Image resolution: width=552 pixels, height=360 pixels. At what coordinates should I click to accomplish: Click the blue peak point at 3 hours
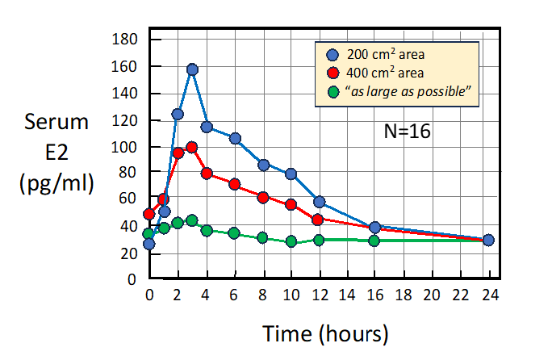tap(192, 69)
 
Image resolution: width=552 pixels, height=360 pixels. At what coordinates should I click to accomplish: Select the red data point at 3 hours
tap(192, 147)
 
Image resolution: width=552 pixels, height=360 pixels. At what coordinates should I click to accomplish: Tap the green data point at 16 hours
tap(374, 241)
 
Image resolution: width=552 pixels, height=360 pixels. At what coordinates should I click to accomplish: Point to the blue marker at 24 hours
tap(488, 240)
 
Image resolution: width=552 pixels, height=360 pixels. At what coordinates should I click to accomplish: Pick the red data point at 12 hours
tap(318, 220)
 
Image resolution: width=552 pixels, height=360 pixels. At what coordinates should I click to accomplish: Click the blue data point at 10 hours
tap(291, 174)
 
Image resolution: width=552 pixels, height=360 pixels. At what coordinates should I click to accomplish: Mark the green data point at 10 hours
tap(291, 241)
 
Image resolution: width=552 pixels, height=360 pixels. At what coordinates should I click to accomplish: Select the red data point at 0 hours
tap(149, 214)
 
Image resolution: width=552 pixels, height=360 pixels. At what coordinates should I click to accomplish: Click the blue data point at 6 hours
tap(235, 138)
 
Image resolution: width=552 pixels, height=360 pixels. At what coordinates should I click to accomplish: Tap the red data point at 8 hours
tap(263, 197)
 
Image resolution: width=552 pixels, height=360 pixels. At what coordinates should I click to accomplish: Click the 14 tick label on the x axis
tap(347, 295)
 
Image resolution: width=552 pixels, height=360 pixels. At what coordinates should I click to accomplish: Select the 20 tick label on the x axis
tap(432, 295)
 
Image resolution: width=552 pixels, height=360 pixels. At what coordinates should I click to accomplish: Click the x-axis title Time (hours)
tap(325, 333)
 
